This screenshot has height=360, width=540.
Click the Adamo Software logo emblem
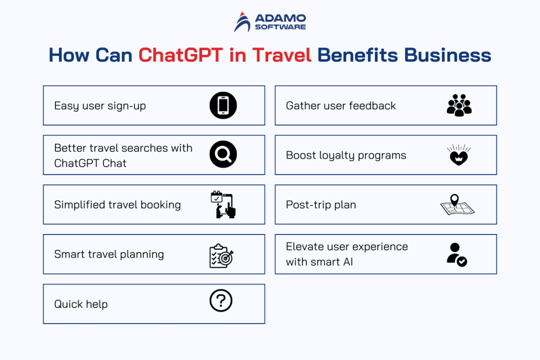click(x=243, y=22)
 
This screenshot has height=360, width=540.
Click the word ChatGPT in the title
click(x=180, y=55)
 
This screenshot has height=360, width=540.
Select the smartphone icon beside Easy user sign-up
click(x=223, y=105)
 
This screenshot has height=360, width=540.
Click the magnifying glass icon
click(x=223, y=155)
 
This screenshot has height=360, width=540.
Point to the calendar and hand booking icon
click(x=223, y=205)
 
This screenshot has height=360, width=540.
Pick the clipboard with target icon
click(x=221, y=255)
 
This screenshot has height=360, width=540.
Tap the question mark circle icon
click(x=221, y=301)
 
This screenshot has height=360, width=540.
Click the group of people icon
click(x=459, y=105)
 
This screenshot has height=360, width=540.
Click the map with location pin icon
click(x=457, y=206)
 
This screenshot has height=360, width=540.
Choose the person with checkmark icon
click(x=456, y=254)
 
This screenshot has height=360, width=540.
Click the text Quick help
click(x=81, y=304)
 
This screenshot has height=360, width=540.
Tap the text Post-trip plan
click(x=321, y=205)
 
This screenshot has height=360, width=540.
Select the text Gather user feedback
click(x=341, y=106)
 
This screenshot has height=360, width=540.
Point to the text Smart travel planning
click(x=109, y=255)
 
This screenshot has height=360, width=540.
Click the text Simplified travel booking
click(x=117, y=205)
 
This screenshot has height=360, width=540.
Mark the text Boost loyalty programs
click(x=346, y=155)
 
